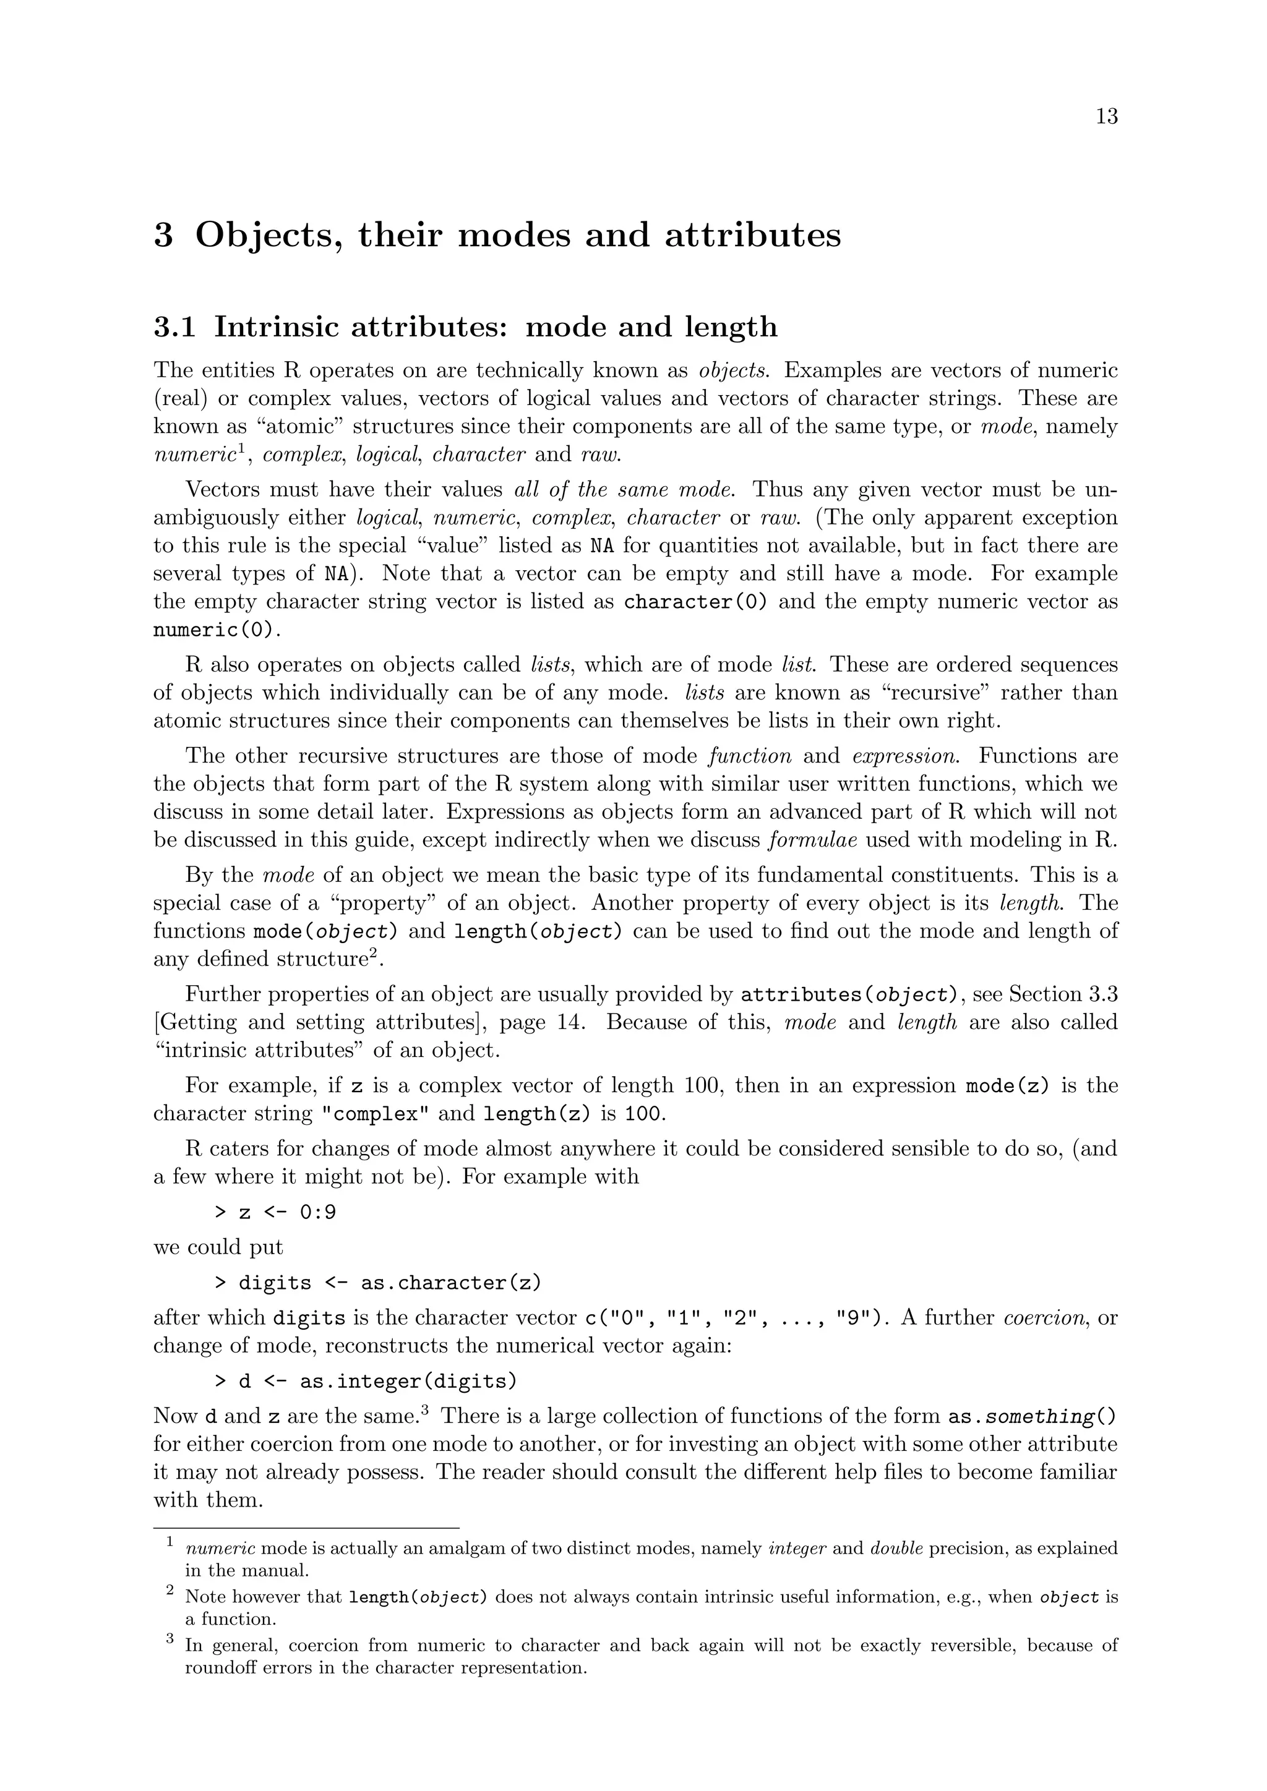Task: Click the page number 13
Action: click(x=1106, y=117)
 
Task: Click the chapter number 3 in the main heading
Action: click(x=163, y=236)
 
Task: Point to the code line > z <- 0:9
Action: click(x=275, y=1212)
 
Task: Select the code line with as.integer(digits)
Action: click(x=366, y=1382)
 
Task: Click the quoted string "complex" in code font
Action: click(x=376, y=1114)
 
